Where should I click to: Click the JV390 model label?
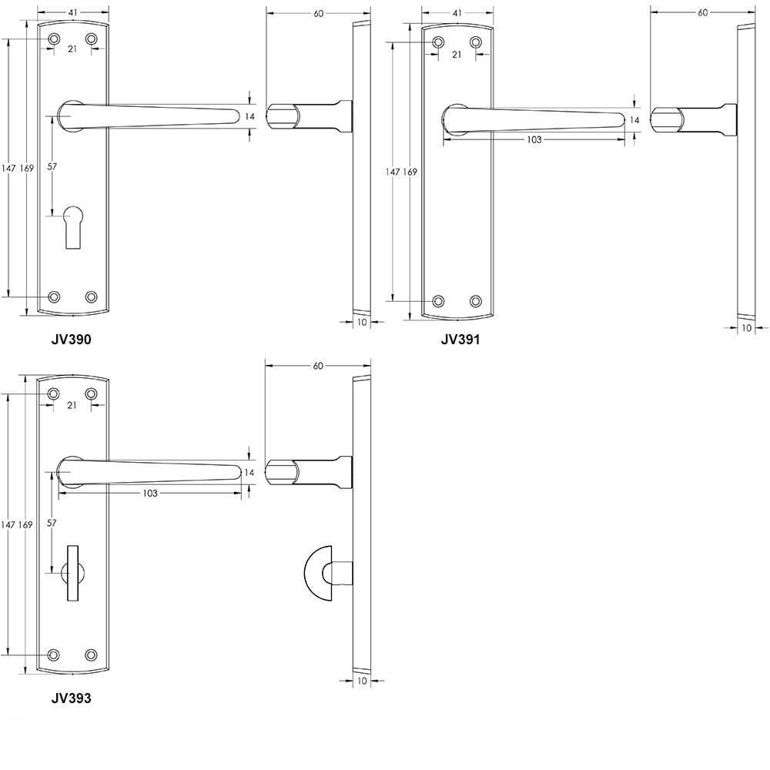(71, 339)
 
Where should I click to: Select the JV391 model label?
(460, 339)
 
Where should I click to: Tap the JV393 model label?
(71, 699)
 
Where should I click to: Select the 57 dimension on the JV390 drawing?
(52, 166)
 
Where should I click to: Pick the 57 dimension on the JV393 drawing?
(52, 523)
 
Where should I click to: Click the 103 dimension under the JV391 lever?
(534, 139)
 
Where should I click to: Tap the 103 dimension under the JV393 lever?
(149, 493)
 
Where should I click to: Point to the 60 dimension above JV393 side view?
(318, 366)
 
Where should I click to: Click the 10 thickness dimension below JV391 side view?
(746, 327)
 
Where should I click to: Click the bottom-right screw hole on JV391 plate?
(476, 300)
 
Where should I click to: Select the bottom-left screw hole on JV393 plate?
(53, 654)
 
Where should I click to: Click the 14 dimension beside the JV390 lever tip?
(249, 116)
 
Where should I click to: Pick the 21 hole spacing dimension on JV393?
(72, 405)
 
